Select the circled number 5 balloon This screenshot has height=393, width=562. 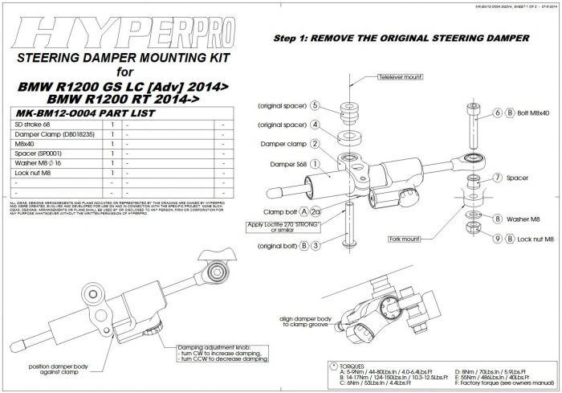tap(316, 105)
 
